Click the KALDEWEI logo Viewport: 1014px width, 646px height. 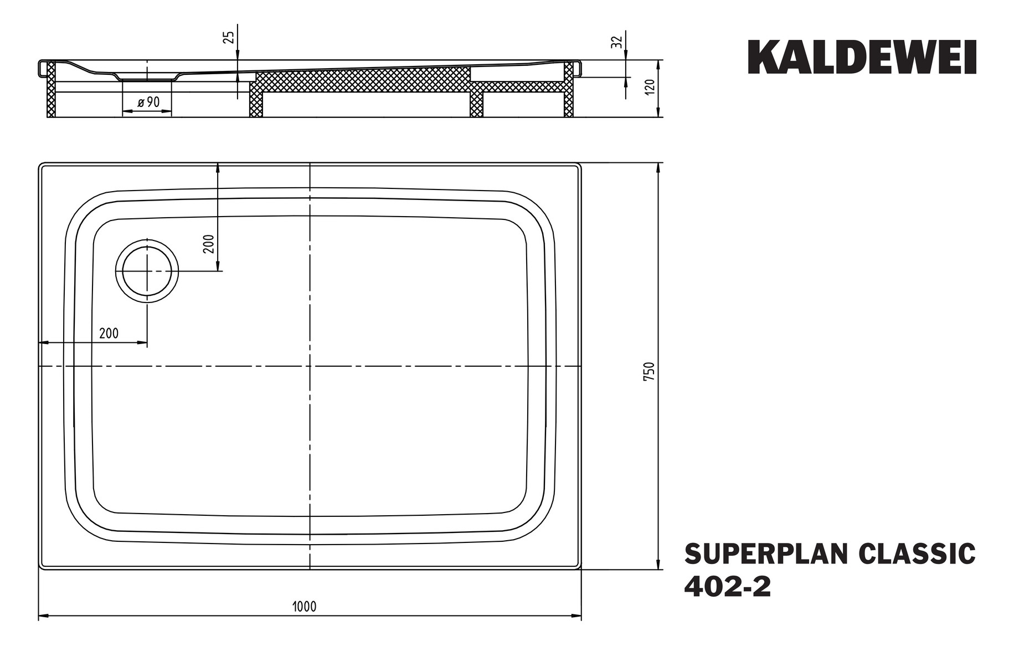tap(862, 57)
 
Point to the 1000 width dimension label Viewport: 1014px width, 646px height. tap(305, 606)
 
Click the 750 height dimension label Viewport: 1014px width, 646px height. tap(650, 370)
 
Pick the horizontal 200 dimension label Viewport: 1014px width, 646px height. tap(109, 333)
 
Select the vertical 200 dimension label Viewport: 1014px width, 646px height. tap(209, 244)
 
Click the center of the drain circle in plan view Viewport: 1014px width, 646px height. tap(147, 271)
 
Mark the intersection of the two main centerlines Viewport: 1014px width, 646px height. tap(310, 366)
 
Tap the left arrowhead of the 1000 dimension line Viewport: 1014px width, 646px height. tap(42, 616)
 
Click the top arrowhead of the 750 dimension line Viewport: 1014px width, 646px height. tap(658, 167)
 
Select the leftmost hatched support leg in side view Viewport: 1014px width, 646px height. tap(51, 90)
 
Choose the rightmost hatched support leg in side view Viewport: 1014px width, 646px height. tap(569, 90)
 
